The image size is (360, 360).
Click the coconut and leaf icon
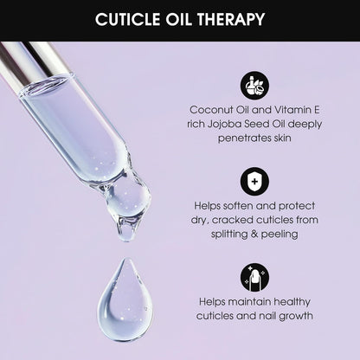pyautogui.click(x=255, y=85)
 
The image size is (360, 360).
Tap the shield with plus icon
pyautogui.click(x=255, y=182)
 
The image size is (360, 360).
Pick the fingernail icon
pyautogui.click(x=255, y=277)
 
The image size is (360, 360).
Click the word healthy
pyautogui.click(x=288, y=302)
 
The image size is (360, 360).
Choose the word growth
pyautogui.click(x=292, y=316)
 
